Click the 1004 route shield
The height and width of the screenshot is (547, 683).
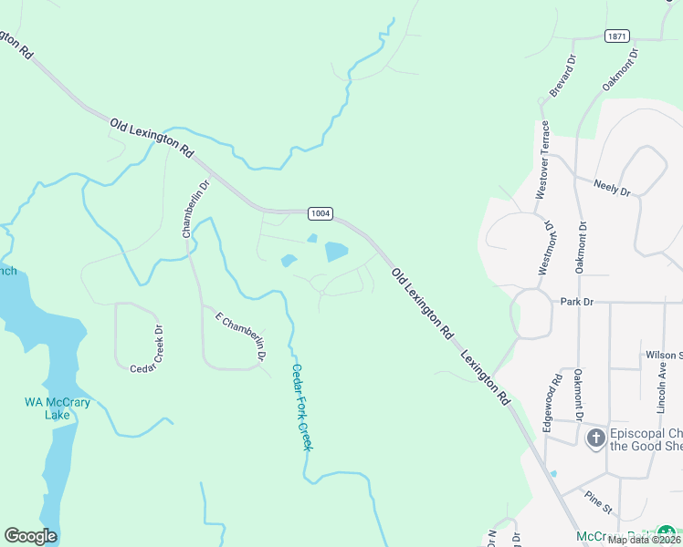click(320, 213)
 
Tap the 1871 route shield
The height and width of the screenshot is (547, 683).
click(616, 36)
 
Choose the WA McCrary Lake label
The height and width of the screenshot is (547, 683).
click(47, 408)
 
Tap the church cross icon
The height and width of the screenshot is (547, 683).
click(595, 439)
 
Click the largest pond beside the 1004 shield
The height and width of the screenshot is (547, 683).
click(336, 252)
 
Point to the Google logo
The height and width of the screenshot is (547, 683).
click(30, 536)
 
